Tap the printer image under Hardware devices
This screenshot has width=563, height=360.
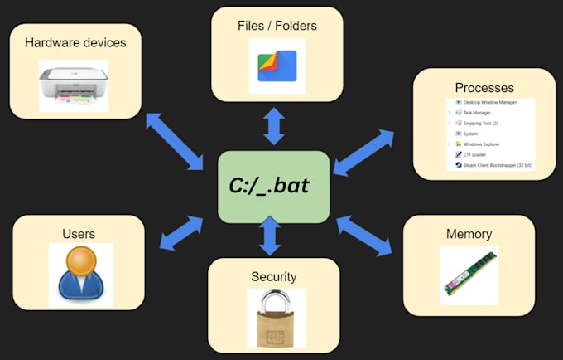coord(74,83)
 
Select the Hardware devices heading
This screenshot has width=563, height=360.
coord(75,42)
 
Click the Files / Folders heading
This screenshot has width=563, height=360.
coord(277,25)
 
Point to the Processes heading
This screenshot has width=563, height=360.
coord(484,87)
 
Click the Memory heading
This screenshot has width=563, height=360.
coord(469,234)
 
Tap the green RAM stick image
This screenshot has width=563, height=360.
coord(468,274)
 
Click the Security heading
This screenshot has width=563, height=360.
coord(273,276)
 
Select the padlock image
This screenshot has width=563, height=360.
coord(276,317)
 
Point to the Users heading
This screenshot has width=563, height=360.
coord(79,235)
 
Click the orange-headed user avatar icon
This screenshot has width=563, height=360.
coord(80,274)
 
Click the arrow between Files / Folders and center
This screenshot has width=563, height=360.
coord(274,125)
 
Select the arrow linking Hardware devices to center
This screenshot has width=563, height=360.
coord(175,139)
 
